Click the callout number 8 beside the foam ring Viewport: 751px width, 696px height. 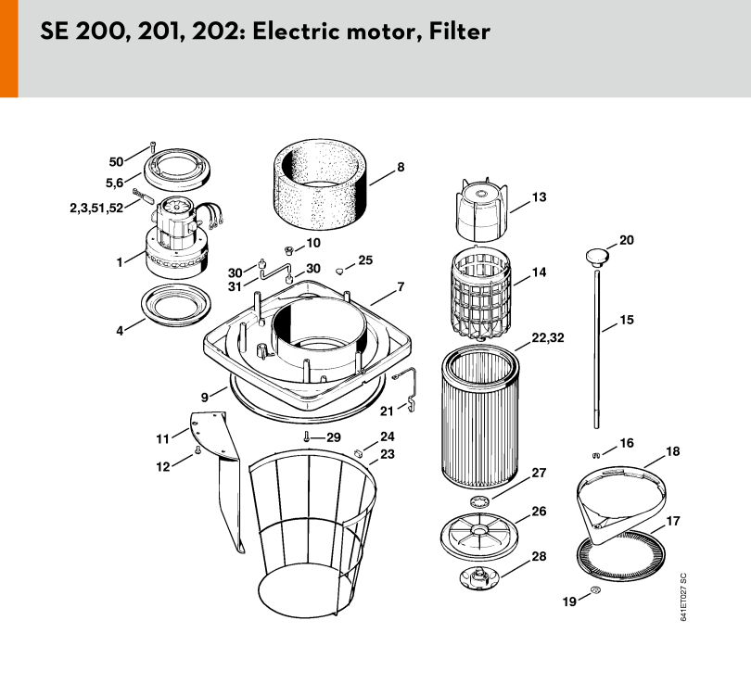pos(401,169)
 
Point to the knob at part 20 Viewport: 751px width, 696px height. pos(596,253)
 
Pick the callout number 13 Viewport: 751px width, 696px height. pos(539,197)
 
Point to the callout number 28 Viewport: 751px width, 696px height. pos(539,557)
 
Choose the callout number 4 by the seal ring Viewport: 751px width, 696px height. pos(120,330)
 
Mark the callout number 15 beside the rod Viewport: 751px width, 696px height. pos(627,321)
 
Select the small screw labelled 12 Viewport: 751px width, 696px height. pos(198,451)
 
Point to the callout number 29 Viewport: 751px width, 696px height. pos(333,437)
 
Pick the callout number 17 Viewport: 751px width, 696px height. pos(673,522)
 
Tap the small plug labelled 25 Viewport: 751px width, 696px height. pos(340,270)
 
